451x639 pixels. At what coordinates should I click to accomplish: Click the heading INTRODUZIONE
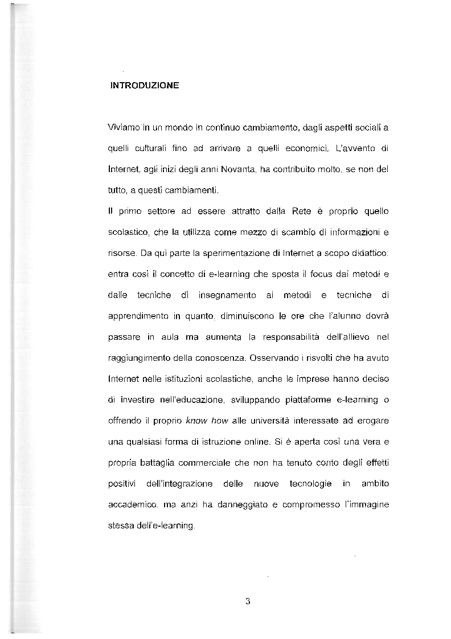pos(145,86)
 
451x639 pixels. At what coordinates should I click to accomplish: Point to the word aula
pos(170,336)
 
